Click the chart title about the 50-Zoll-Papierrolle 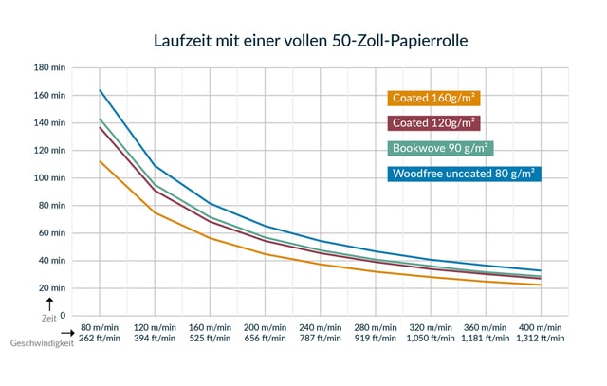(303, 42)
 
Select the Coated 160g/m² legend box (432, 97)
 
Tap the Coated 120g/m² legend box (432, 122)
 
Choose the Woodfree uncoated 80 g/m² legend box (464, 173)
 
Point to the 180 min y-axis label (49, 68)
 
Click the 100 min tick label (49, 178)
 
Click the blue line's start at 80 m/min (100, 90)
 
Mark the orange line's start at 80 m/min (100, 161)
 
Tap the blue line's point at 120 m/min (155, 166)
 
